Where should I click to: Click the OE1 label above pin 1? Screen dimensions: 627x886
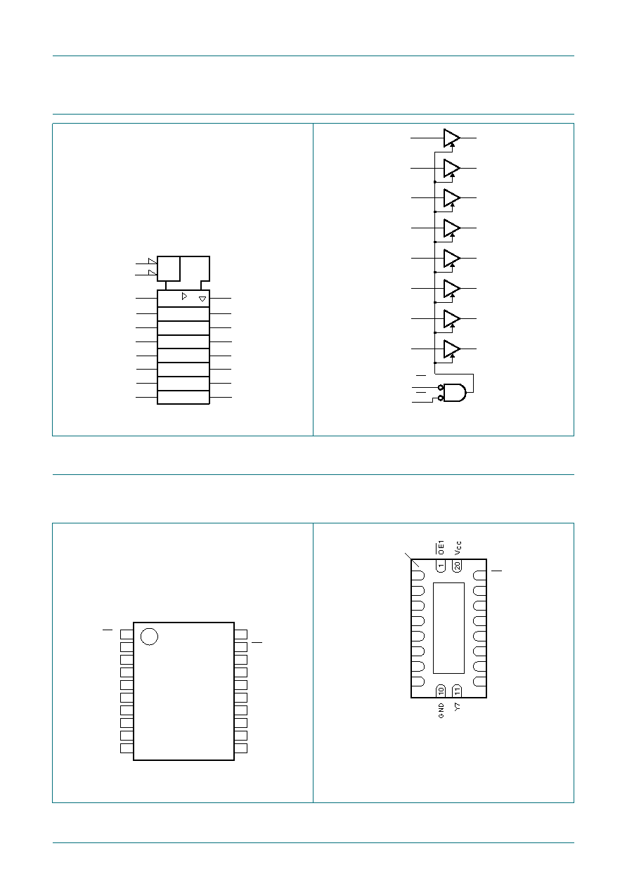(441, 547)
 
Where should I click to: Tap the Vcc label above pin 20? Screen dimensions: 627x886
(458, 548)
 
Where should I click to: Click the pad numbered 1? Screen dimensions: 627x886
(441, 566)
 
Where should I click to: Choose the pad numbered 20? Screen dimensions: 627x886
(457, 566)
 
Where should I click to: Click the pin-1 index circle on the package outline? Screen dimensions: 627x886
(149, 637)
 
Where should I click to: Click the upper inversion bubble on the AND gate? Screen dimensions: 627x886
(441, 387)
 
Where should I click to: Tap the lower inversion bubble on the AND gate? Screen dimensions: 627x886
(441, 398)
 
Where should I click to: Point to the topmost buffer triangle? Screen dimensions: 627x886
(451, 138)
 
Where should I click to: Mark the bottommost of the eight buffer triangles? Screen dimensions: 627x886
(451, 349)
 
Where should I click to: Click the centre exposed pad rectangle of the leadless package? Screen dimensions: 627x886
(448, 628)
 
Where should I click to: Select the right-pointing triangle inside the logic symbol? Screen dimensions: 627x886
(184, 296)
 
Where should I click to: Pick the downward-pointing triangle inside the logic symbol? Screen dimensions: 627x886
(202, 299)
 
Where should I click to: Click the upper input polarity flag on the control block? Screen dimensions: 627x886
(153, 261)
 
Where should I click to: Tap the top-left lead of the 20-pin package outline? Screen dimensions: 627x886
(127, 634)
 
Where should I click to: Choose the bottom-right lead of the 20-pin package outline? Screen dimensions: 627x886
(240, 748)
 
